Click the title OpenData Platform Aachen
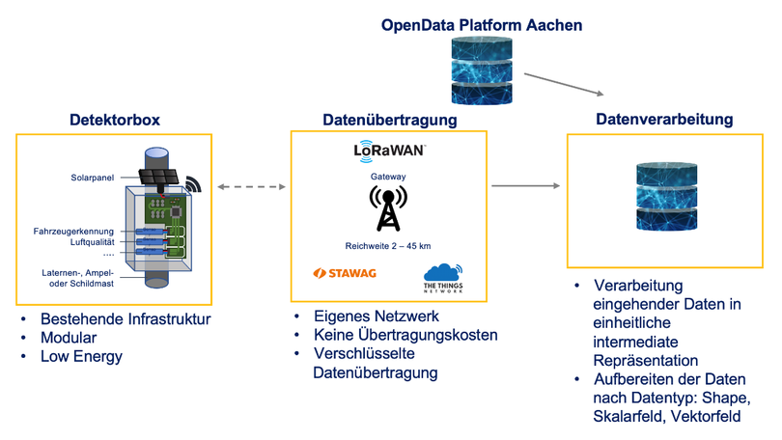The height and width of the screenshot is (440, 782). click(482, 25)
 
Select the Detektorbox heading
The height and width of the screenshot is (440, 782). click(114, 120)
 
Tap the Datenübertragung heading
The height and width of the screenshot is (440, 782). click(390, 120)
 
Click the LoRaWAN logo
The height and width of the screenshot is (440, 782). click(389, 151)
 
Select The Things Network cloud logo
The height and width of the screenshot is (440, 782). click(443, 277)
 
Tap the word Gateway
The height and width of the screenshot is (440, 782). click(389, 178)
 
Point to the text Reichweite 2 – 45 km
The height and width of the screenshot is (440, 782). click(389, 244)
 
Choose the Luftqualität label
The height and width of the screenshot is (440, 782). click(92, 243)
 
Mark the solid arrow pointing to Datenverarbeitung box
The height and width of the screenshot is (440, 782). click(525, 185)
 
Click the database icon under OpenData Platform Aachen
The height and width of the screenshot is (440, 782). click(482, 69)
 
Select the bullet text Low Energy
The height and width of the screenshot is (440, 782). click(82, 357)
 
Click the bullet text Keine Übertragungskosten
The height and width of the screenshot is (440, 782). click(405, 335)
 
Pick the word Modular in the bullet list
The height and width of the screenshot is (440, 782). click(69, 338)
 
